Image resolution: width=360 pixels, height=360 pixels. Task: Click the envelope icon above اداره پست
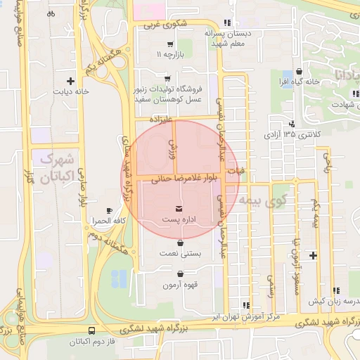[177, 208]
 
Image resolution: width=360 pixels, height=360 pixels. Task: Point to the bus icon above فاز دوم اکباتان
[92, 330]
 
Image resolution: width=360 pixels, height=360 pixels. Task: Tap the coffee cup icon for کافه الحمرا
[109, 211]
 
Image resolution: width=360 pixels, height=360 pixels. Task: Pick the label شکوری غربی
[167, 25]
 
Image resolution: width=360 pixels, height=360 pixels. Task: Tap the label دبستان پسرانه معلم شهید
[228, 38]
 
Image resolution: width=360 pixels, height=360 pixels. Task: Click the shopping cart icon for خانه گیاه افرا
[300, 71]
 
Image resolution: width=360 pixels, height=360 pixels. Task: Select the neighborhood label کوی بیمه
[260, 200]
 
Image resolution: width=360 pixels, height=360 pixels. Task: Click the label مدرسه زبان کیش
[334, 300]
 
